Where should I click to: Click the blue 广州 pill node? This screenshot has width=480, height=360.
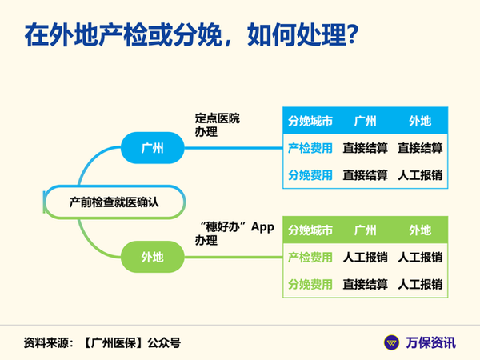[x=153, y=148]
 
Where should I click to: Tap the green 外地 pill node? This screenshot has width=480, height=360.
[x=153, y=257]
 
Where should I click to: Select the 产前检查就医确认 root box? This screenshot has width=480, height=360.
[x=114, y=202]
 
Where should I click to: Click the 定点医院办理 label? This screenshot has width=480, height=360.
[x=217, y=125]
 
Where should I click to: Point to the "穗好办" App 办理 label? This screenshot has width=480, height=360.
[x=234, y=234]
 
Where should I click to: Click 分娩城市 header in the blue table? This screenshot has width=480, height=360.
[x=310, y=122]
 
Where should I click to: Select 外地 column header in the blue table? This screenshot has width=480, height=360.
[x=420, y=122]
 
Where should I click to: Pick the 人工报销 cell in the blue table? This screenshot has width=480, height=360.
[x=420, y=175]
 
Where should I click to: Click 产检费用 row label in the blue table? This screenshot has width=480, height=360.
[x=310, y=148]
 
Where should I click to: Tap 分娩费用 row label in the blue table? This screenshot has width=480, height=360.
[x=310, y=175]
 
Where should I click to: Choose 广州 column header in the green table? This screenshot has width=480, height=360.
[x=365, y=230]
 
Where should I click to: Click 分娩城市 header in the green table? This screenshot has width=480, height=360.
[x=310, y=230]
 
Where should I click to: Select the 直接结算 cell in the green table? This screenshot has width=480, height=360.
[x=365, y=284]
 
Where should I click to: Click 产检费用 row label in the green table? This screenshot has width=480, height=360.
[x=310, y=257]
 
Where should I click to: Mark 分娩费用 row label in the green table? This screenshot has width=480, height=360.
[x=310, y=284]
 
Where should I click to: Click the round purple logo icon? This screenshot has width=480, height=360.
[x=391, y=342]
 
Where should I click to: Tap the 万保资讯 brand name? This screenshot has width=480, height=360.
[x=430, y=342]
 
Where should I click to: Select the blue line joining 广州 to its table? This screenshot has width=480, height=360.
[x=234, y=148]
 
